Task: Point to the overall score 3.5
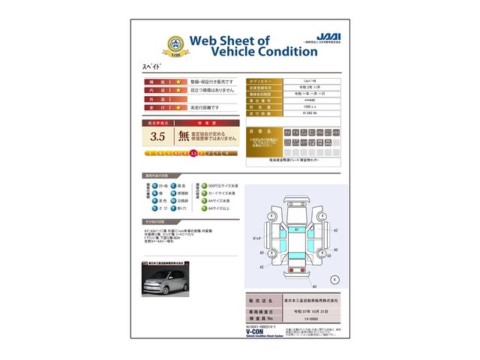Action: pyautogui.click(x=157, y=136)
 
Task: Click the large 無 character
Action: pyautogui.click(x=183, y=136)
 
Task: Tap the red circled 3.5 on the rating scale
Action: pyautogui.click(x=194, y=153)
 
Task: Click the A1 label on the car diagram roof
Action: pyautogui.click(x=296, y=229)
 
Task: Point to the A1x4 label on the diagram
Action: pyautogui.click(x=257, y=238)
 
